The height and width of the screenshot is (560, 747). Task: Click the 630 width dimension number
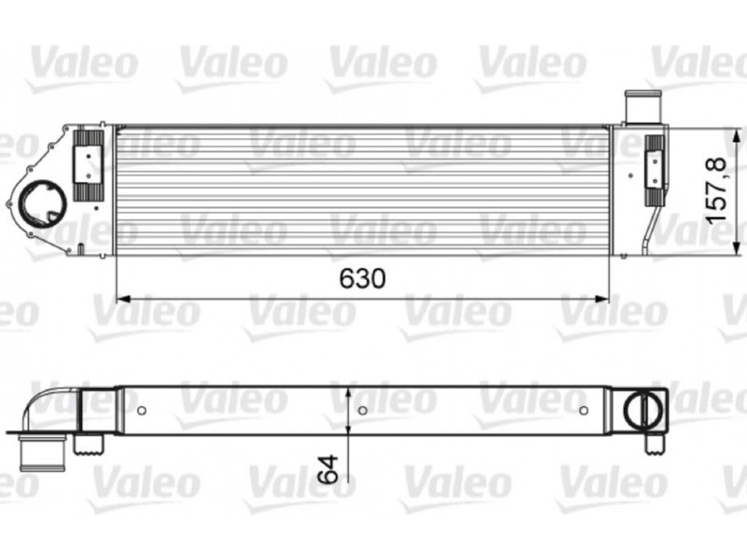362,278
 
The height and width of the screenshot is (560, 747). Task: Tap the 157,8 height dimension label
716,190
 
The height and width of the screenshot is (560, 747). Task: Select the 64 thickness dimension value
329,469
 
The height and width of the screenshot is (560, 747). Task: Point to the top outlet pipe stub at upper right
642,106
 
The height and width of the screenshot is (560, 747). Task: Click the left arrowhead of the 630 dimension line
123,299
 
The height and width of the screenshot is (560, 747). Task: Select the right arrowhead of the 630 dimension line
602,299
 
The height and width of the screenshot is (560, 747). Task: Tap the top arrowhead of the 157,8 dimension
739,134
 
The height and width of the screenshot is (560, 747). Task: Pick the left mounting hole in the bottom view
142,410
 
